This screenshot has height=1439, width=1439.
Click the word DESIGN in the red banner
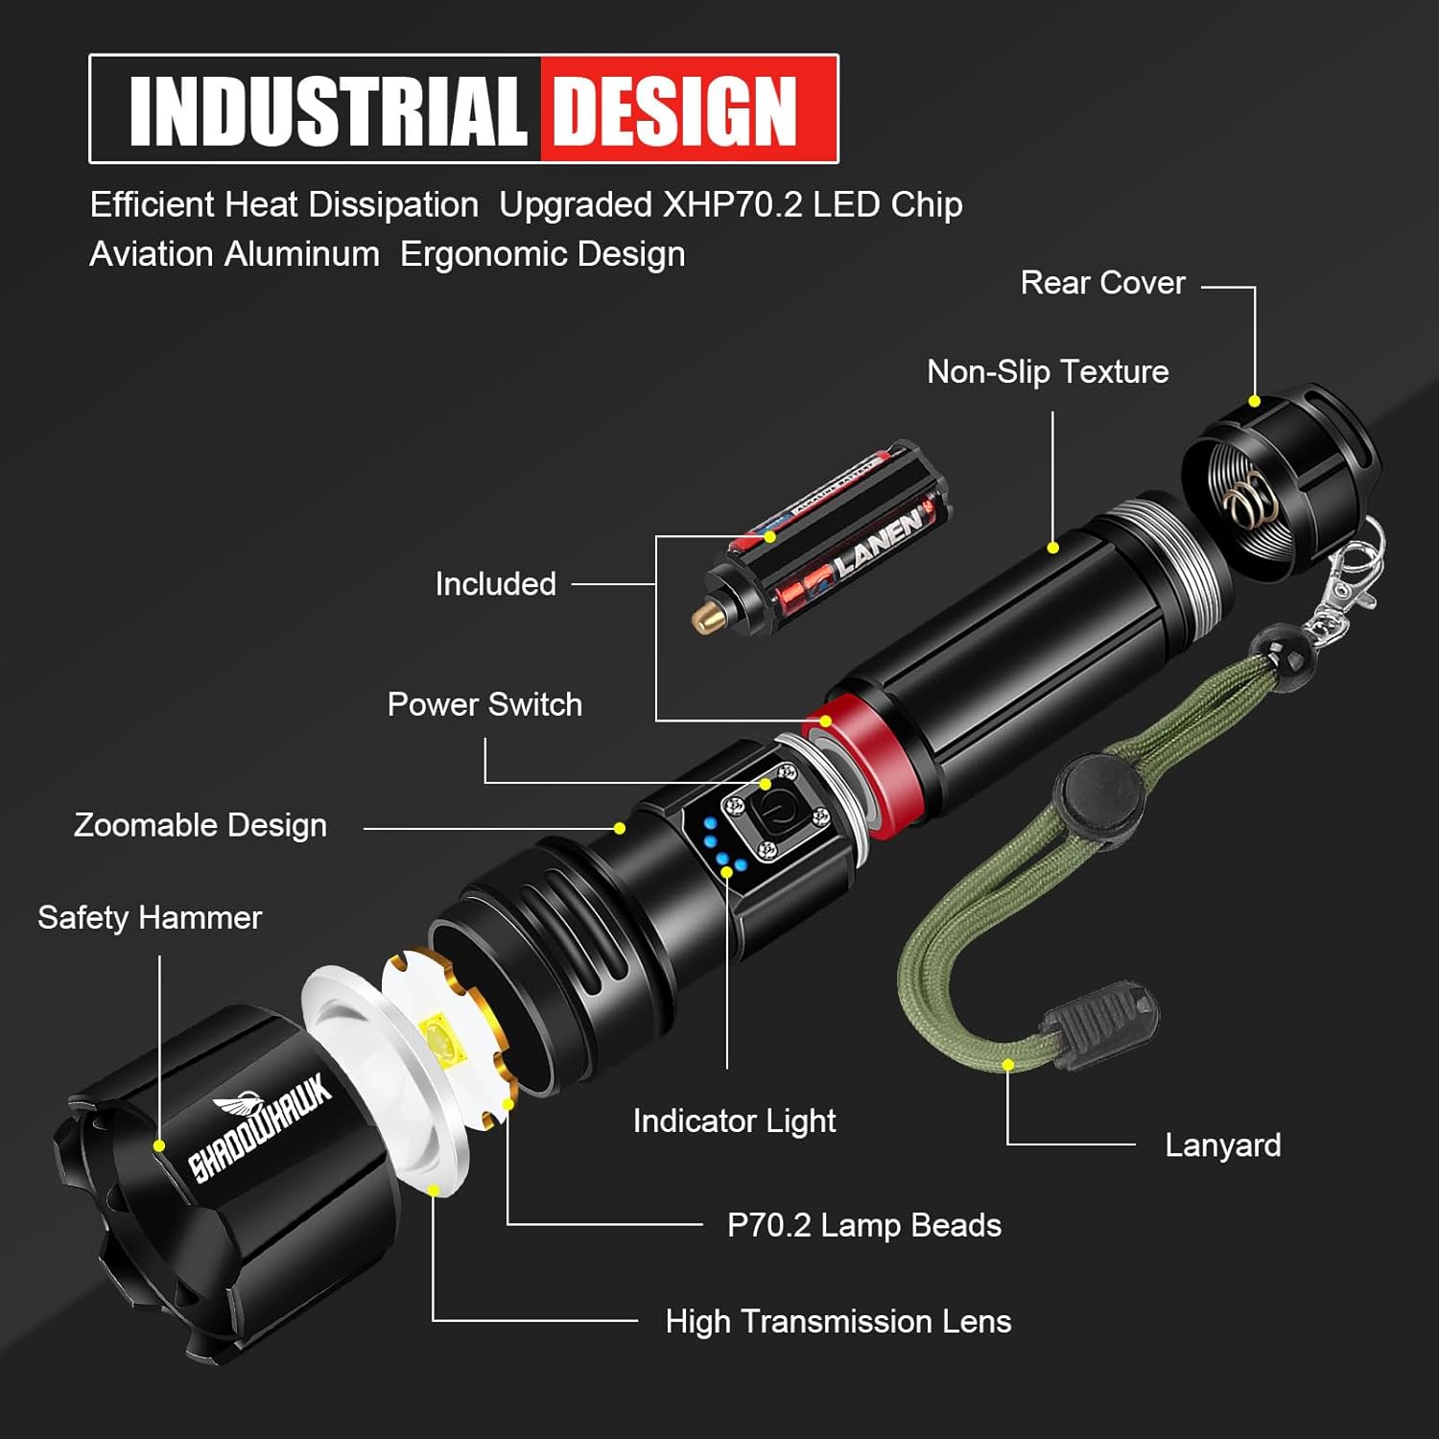(675, 111)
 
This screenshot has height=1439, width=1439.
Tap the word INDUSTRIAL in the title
(327, 111)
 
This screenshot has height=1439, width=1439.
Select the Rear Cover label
(1102, 283)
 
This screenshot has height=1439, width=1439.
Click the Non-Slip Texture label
(1048, 372)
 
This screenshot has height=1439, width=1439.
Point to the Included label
(495, 584)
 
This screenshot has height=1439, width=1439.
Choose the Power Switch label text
(484, 705)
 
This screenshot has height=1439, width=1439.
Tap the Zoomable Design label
(201, 825)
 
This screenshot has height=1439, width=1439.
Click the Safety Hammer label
(150, 918)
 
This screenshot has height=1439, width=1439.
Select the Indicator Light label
(734, 1121)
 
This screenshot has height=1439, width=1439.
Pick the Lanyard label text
(1222, 1145)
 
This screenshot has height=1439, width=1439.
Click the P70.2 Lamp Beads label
(863, 1225)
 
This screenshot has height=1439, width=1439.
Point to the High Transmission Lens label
(837, 1322)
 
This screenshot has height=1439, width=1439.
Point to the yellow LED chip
(442, 1041)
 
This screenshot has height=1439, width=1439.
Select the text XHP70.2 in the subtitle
(732, 204)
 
